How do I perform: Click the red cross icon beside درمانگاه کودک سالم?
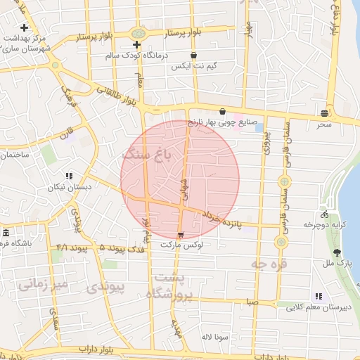coord(137,45)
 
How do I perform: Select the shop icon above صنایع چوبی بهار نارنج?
coord(222,111)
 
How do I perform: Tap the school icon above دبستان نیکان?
coord(69,176)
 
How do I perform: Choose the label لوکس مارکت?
coord(181,245)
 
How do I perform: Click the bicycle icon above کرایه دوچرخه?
coord(324,214)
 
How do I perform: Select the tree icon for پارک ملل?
coord(338,252)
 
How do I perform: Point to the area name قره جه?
coord(267,264)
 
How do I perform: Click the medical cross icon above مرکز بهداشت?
coord(25,28)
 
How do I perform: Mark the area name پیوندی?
coord(105,287)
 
